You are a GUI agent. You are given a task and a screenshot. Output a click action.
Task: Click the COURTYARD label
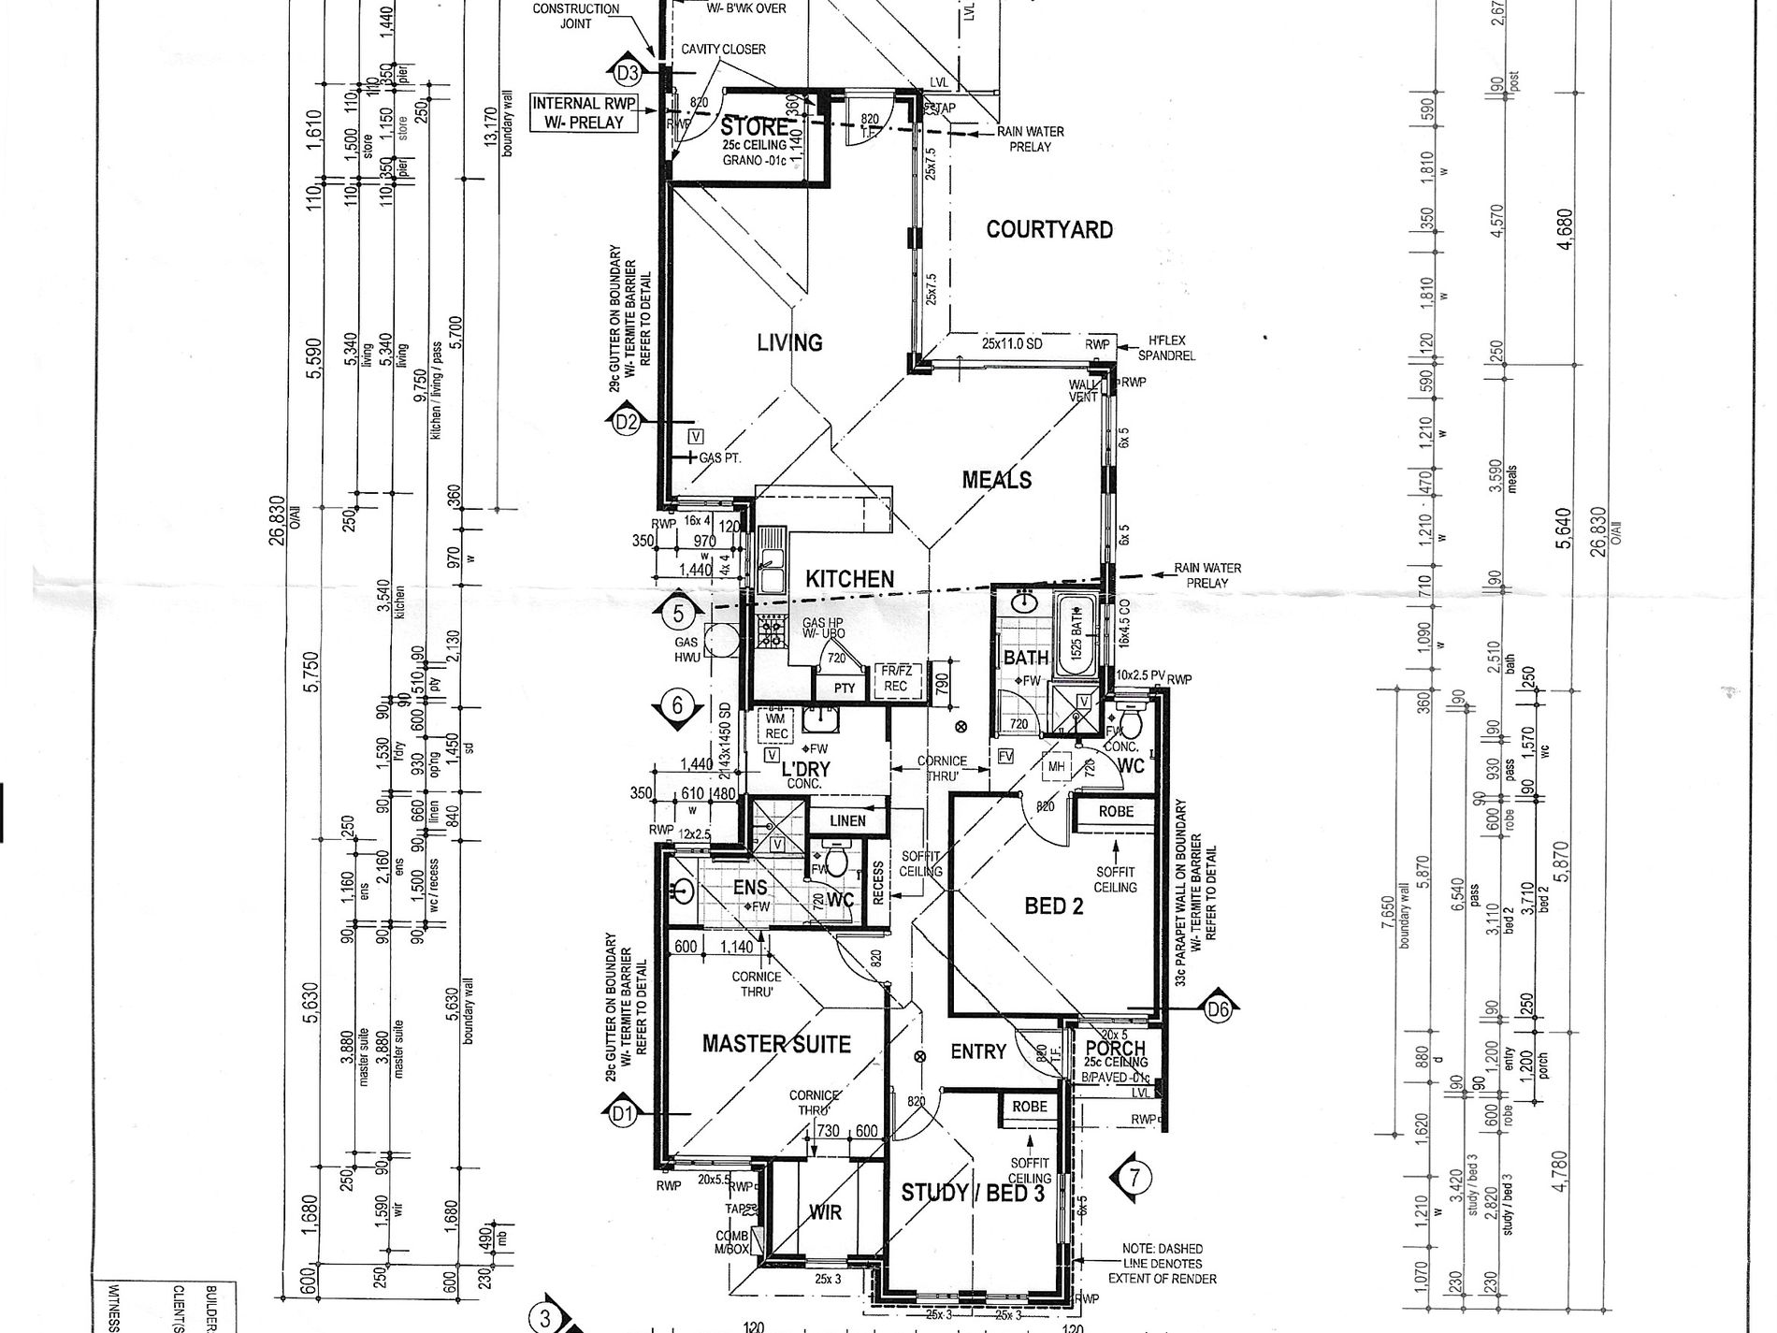pyautogui.click(x=1049, y=230)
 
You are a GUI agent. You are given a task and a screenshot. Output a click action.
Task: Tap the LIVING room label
pyautogui.click(x=789, y=343)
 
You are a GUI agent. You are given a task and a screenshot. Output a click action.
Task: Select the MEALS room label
pyautogui.click(x=997, y=480)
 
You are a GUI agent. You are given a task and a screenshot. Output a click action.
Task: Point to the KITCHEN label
pyautogui.click(x=850, y=580)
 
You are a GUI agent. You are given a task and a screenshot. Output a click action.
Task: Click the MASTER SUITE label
pyautogui.click(x=776, y=1044)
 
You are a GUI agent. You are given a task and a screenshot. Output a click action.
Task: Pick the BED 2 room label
pyautogui.click(x=1053, y=906)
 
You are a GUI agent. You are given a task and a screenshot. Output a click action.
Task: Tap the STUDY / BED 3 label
pyautogui.click(x=972, y=1193)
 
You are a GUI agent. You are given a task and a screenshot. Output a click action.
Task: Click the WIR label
pyautogui.click(x=824, y=1212)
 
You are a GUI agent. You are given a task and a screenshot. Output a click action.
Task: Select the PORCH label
pyautogui.click(x=1116, y=1048)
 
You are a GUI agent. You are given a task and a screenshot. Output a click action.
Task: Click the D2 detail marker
pyautogui.click(x=626, y=423)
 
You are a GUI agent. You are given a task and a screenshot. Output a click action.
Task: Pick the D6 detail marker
pyautogui.click(x=1218, y=1008)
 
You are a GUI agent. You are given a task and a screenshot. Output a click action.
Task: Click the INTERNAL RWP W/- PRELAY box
pyautogui.click(x=578, y=112)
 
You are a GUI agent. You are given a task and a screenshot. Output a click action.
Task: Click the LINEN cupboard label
pyautogui.click(x=846, y=821)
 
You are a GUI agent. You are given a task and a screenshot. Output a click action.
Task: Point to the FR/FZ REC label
pyautogui.click(x=895, y=678)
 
